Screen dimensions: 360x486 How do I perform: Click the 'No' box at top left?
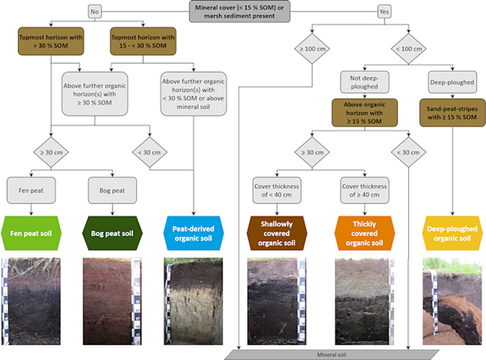pyautogui.click(x=94, y=10)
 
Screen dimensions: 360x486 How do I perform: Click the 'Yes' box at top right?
pyautogui.click(x=385, y=10)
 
